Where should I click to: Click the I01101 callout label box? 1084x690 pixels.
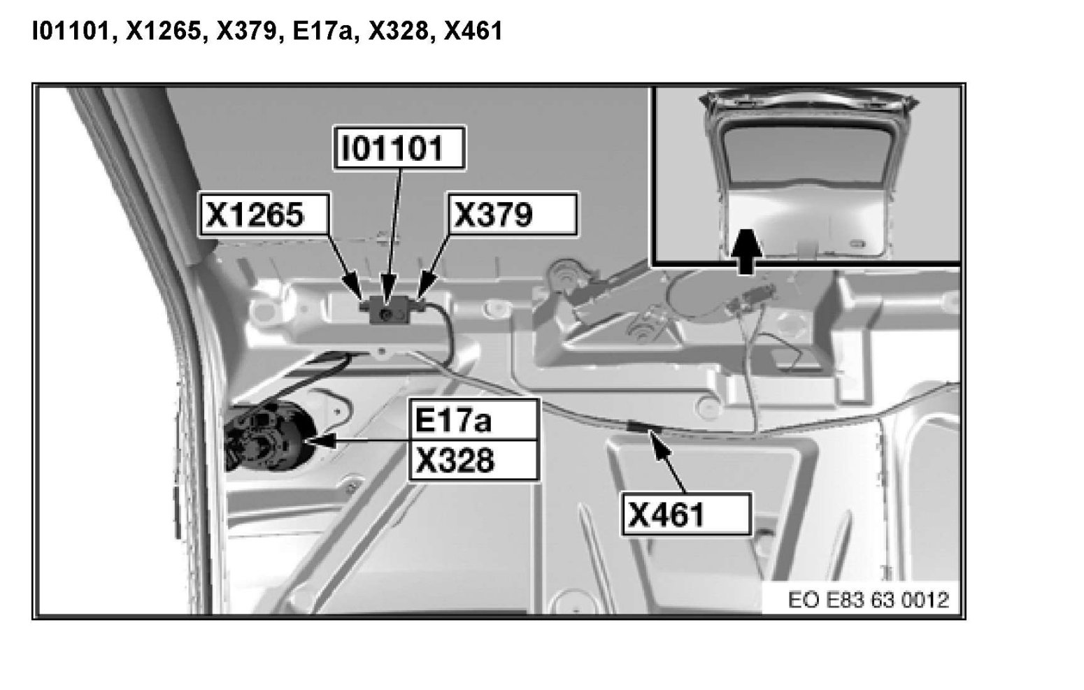pos(399,148)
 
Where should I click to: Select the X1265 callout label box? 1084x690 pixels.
pos(264,214)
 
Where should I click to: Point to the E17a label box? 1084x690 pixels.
pos(474,420)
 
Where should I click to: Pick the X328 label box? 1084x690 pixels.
pos(474,460)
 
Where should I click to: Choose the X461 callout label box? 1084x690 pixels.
pos(686,515)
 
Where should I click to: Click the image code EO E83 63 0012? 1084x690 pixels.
pos(868,600)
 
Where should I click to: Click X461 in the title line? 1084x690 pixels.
pos(473,31)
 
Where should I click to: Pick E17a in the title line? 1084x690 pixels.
pos(318,31)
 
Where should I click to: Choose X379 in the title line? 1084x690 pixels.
pos(245,31)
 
